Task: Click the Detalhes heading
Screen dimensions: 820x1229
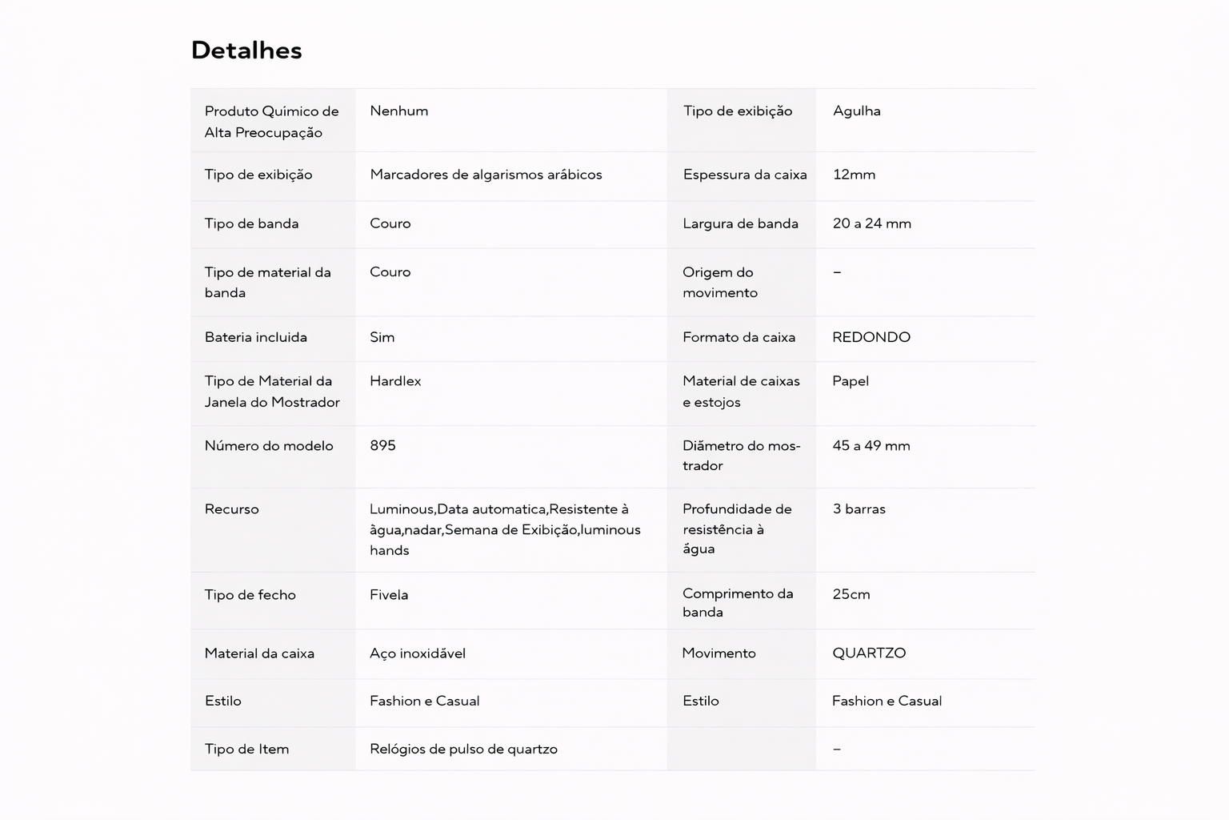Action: point(246,50)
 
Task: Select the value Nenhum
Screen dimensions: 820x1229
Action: point(398,111)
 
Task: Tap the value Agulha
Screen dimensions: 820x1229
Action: point(856,111)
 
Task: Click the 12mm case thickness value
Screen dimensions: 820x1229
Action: point(854,175)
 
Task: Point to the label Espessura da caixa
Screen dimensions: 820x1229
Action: point(744,175)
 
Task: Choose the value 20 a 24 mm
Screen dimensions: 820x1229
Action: point(871,223)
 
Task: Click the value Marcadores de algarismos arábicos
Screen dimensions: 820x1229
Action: point(486,175)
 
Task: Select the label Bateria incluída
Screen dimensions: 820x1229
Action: point(255,337)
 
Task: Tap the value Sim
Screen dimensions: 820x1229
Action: point(382,337)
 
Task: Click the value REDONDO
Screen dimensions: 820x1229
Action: point(871,337)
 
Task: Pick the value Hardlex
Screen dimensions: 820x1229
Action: point(395,381)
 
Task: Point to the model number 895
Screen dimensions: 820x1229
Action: point(382,445)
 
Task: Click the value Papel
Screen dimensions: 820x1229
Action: point(850,381)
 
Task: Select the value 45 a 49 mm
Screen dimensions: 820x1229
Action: point(871,445)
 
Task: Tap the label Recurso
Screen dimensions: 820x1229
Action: point(231,509)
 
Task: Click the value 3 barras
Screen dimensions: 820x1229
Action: point(859,509)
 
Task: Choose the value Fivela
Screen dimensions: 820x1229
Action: point(389,595)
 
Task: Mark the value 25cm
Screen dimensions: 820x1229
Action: point(851,594)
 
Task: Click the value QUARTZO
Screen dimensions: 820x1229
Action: point(868,653)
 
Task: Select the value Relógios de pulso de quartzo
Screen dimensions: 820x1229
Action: point(463,750)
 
